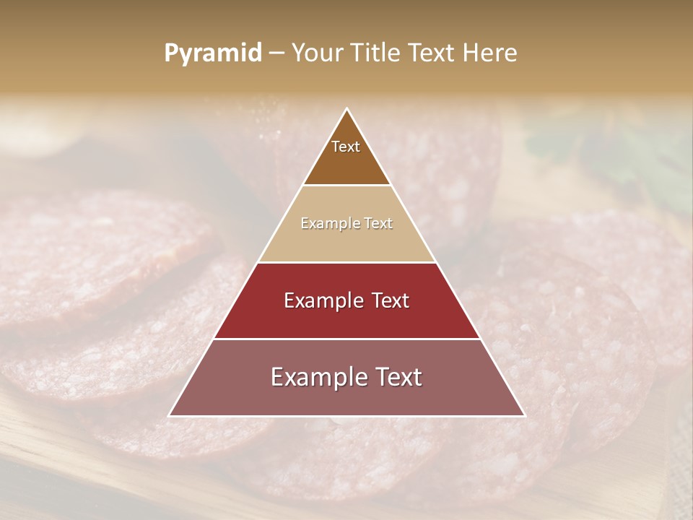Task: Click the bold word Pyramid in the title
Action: (x=213, y=53)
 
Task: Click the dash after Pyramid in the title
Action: (x=276, y=53)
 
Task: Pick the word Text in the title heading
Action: (x=432, y=53)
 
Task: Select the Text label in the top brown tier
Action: (x=346, y=147)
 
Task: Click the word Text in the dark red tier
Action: (x=391, y=300)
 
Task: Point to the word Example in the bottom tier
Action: (x=316, y=377)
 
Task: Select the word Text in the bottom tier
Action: (x=398, y=377)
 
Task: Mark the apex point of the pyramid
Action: (x=346, y=109)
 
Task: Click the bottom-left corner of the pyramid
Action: (x=170, y=415)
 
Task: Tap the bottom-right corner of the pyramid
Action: (x=524, y=415)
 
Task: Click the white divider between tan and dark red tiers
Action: (x=346, y=262)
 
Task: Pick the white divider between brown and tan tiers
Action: (x=346, y=186)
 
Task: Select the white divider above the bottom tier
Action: (x=346, y=339)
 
